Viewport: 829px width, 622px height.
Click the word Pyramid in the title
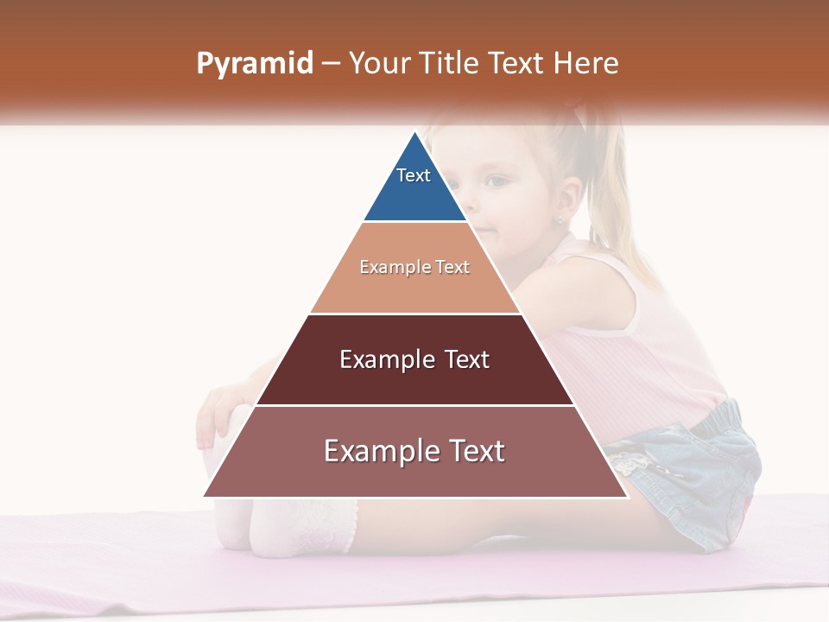tap(255, 64)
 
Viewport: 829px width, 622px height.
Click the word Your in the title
tap(380, 63)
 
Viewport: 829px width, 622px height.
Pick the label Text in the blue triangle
tap(413, 175)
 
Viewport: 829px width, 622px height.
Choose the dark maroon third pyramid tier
tap(414, 380)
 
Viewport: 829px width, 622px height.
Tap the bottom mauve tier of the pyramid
tap(414, 475)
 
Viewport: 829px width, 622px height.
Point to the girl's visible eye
tap(496, 181)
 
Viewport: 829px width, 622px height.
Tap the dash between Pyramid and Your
tap(330, 64)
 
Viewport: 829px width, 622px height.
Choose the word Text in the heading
tap(516, 63)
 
